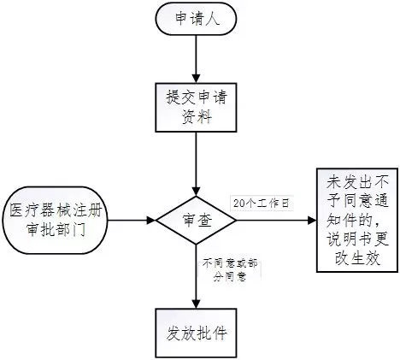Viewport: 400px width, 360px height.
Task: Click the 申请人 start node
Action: (197, 20)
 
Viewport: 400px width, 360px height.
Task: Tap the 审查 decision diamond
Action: (197, 220)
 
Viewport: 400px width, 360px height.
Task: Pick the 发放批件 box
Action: (197, 330)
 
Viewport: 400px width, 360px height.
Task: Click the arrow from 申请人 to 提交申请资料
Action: (197, 58)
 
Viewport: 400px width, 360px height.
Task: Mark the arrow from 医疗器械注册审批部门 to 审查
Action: (133, 220)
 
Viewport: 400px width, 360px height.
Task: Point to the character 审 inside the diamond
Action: (188, 220)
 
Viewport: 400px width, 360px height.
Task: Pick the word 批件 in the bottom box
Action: (213, 330)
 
